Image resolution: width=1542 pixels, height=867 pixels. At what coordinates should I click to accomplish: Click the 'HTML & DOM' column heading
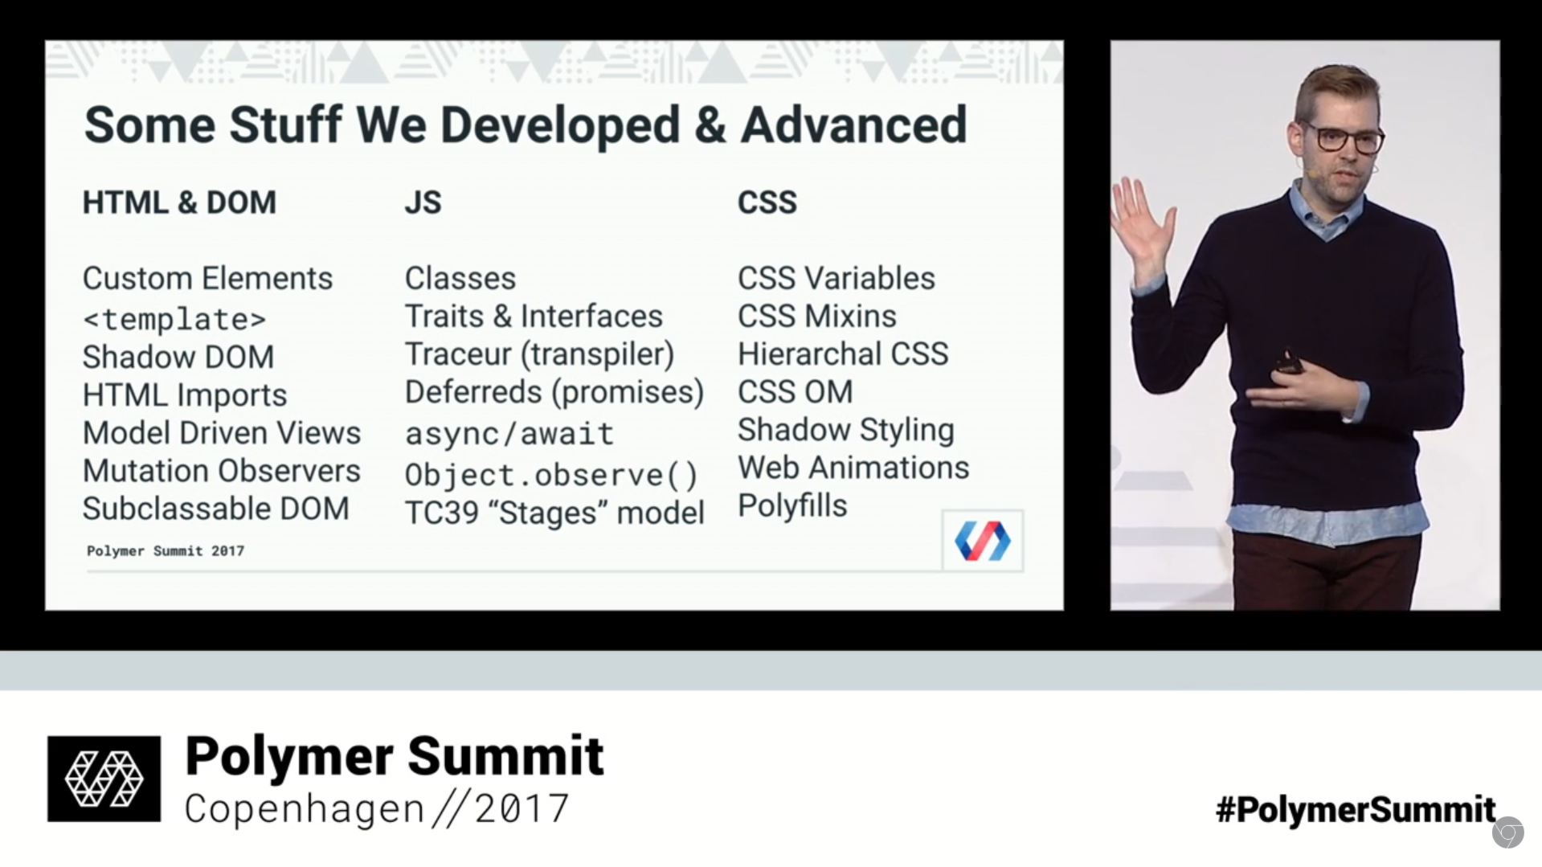[x=179, y=202]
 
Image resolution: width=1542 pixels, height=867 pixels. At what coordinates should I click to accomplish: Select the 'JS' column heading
[x=423, y=202]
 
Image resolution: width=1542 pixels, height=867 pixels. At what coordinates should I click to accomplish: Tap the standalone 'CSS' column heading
[x=767, y=202]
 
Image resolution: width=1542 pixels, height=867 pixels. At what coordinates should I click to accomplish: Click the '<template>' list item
[x=174, y=319]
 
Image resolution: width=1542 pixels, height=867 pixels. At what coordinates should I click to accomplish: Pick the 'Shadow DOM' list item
[x=178, y=357]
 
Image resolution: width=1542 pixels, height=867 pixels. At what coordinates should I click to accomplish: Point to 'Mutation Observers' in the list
[x=222, y=471]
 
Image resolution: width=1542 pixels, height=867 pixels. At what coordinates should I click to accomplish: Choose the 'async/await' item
[x=509, y=434]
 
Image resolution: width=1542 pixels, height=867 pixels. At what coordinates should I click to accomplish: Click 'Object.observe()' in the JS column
[x=551, y=475]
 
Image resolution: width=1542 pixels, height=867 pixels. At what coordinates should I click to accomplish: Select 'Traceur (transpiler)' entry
[x=539, y=354]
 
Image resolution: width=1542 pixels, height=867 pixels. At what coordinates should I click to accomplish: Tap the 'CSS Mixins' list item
[x=816, y=316]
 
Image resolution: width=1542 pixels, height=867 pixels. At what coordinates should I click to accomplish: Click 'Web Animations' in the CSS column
[x=853, y=468]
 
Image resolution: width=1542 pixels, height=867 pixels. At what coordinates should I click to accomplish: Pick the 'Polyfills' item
[x=792, y=505]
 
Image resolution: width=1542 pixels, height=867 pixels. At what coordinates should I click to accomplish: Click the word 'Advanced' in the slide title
[x=853, y=125]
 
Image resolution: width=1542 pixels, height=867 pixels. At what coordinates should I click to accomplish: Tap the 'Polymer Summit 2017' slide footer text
[x=166, y=551]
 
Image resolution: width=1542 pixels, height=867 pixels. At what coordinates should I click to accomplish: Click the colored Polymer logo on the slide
[x=982, y=540]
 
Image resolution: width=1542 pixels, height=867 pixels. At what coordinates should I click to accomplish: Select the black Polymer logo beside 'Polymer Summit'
[x=104, y=779]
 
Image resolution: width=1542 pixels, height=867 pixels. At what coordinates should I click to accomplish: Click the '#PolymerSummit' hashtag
[x=1356, y=809]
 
